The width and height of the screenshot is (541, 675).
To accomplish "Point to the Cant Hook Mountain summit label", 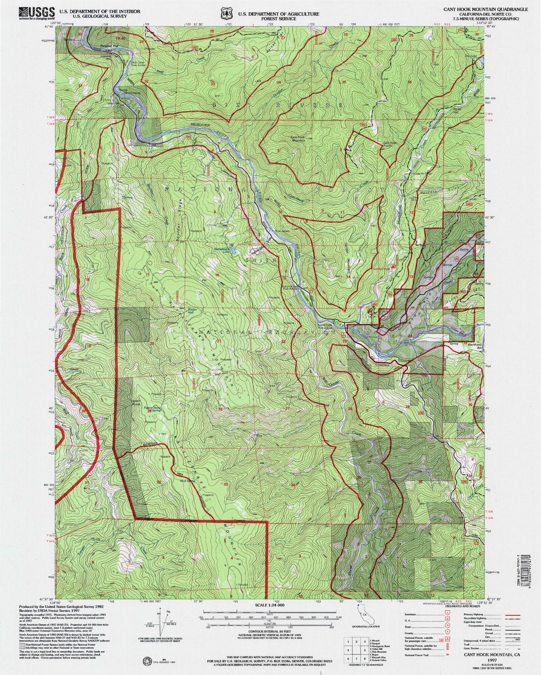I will pos(298,138).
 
